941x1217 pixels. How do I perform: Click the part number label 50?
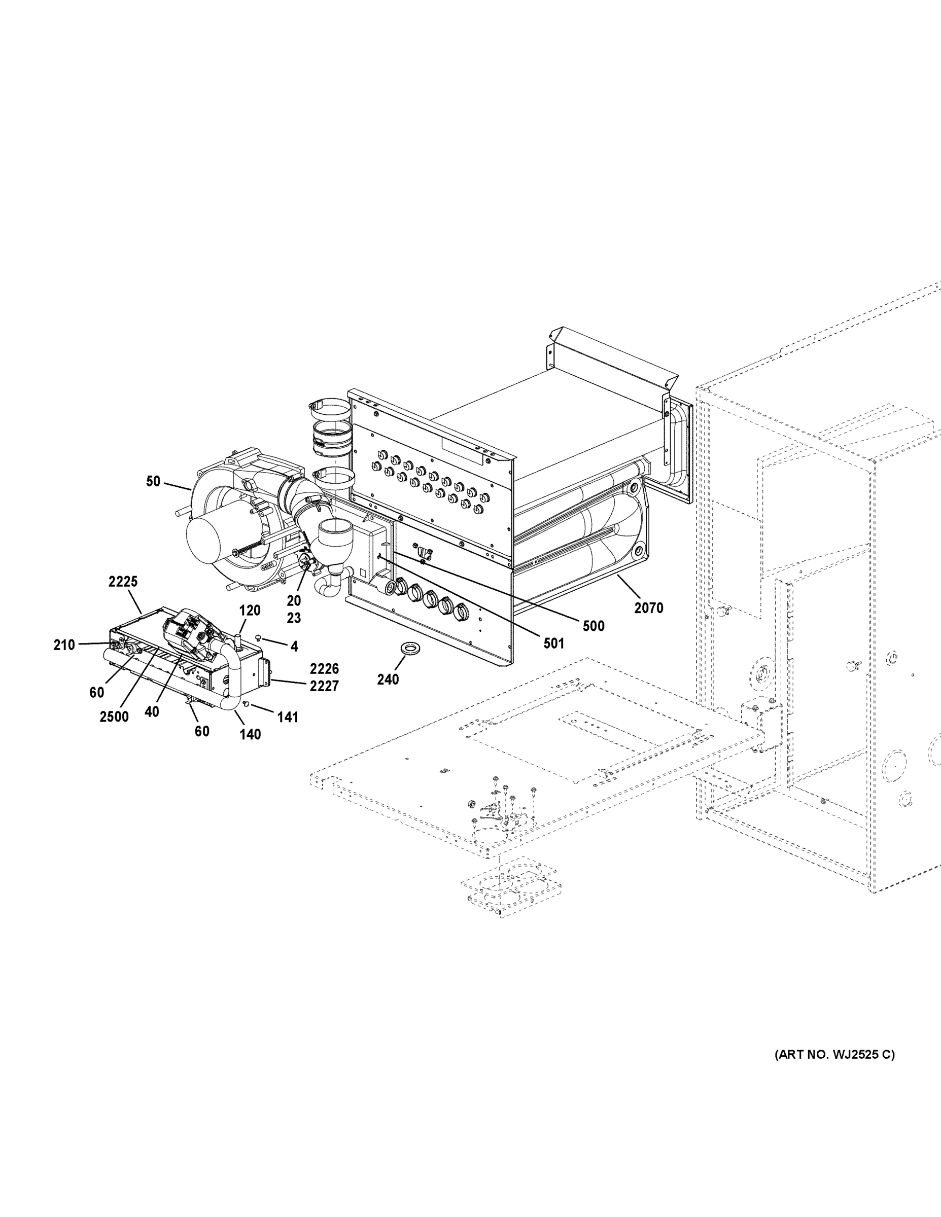(x=153, y=481)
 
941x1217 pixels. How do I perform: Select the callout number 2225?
(x=123, y=582)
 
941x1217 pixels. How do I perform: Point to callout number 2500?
(x=114, y=717)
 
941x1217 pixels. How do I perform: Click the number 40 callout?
(x=152, y=711)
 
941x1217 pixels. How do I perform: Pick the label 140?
(x=250, y=734)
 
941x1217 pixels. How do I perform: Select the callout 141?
(x=288, y=717)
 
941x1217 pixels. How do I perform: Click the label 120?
(x=250, y=610)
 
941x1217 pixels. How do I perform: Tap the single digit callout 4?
(x=294, y=647)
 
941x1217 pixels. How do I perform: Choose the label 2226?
(x=325, y=669)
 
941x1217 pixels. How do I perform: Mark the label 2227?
(x=325, y=686)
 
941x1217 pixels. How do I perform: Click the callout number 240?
(x=388, y=679)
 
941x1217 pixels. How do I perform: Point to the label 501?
(x=553, y=643)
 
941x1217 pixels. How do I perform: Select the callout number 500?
(x=593, y=626)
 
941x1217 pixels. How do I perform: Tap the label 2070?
(x=648, y=608)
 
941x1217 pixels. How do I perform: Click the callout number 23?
(x=294, y=618)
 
